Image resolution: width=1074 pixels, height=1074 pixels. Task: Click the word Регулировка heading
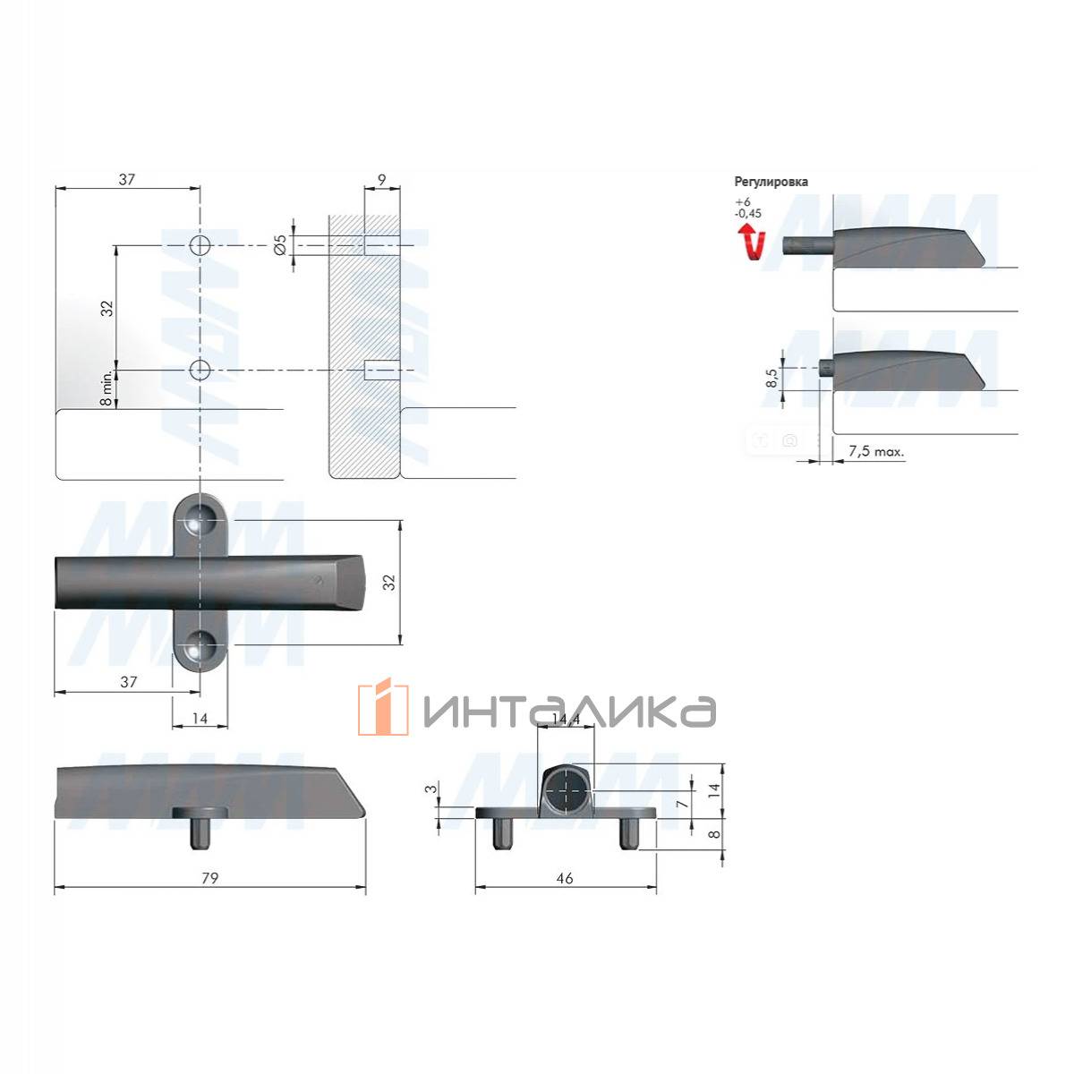click(x=771, y=182)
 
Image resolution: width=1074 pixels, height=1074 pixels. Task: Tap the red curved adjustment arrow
click(x=752, y=242)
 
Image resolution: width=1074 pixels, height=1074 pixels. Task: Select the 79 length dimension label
click(x=210, y=878)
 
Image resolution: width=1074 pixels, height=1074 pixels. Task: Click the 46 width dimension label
click(x=565, y=878)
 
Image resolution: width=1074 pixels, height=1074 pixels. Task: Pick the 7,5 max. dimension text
click(x=876, y=451)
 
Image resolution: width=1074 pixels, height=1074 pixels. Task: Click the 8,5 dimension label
click(x=771, y=378)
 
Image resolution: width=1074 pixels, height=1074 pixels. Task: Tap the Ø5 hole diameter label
click(x=280, y=245)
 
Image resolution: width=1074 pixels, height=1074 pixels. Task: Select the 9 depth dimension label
click(x=382, y=180)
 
